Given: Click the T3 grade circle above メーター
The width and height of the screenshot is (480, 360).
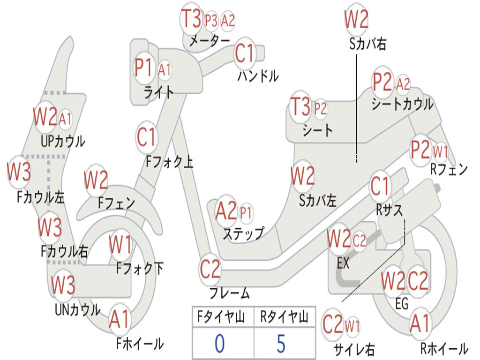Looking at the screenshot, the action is (x=191, y=19).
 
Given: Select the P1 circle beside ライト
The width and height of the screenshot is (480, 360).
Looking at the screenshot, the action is (x=144, y=68).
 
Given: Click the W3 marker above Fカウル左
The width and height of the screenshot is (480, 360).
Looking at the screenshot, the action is (x=19, y=172).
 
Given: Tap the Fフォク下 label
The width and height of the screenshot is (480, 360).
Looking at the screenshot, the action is (x=140, y=268).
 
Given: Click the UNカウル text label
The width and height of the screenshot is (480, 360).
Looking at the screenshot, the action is (x=78, y=310).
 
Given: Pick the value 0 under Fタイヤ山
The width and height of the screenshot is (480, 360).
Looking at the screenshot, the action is (x=219, y=344).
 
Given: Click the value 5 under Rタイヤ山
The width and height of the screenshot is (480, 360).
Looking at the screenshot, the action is (x=281, y=344).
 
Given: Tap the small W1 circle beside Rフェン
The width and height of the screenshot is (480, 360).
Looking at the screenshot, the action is (x=441, y=152).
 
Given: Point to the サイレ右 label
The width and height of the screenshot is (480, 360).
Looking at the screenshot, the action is (x=354, y=349).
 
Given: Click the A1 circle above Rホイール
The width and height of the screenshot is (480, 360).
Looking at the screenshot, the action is (x=419, y=323).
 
